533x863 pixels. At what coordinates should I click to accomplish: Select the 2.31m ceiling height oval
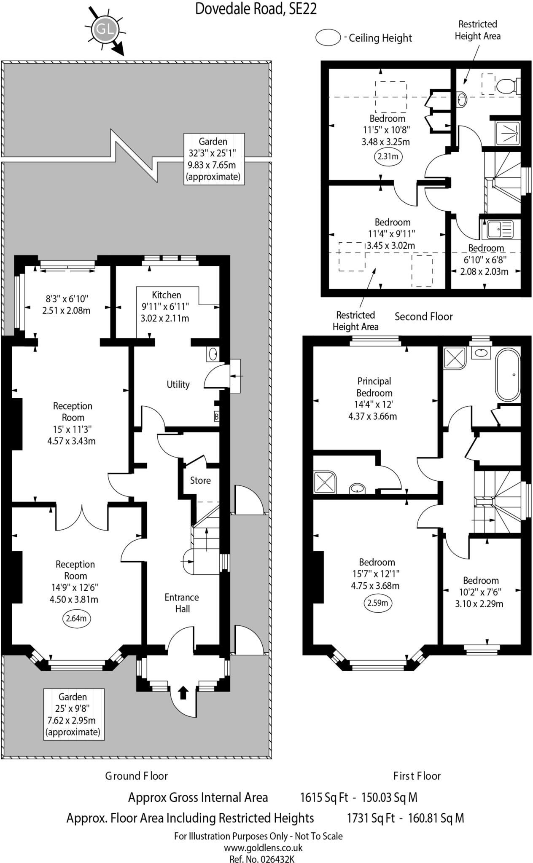[388, 157]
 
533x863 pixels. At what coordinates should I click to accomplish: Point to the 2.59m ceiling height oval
[377, 603]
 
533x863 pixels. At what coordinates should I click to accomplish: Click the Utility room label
[178, 384]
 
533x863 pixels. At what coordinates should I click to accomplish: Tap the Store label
[200, 480]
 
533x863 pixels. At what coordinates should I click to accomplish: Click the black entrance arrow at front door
[183, 692]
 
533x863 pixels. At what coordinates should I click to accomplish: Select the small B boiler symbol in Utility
[217, 417]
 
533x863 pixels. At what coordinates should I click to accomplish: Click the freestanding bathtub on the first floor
[508, 374]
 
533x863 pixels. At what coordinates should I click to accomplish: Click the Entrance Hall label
[182, 603]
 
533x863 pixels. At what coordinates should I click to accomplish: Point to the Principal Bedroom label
[374, 387]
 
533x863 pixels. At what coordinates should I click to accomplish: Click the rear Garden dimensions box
[214, 159]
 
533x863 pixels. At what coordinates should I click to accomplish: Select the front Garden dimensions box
[74, 714]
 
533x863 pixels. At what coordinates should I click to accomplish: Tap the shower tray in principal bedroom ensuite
[325, 482]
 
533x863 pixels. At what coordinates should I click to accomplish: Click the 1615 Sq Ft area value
[324, 797]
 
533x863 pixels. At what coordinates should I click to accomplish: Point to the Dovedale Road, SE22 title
[256, 9]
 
